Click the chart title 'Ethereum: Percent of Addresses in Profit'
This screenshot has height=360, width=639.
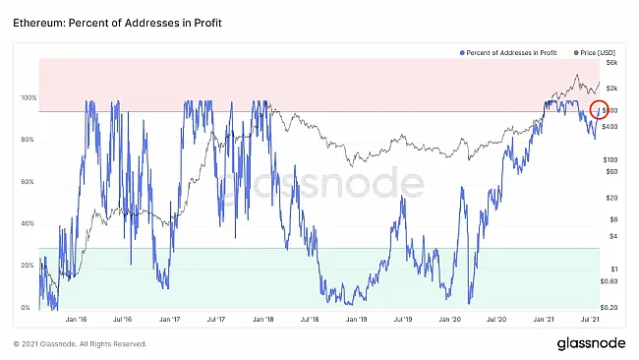coord(111,21)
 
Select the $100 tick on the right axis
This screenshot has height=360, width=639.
coord(610,158)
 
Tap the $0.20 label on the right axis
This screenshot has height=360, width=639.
coord(610,308)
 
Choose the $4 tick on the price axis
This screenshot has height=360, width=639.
coord(613,235)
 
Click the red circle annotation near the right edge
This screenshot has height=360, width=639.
coord(599,110)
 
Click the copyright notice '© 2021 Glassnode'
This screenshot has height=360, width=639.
coord(81,344)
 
